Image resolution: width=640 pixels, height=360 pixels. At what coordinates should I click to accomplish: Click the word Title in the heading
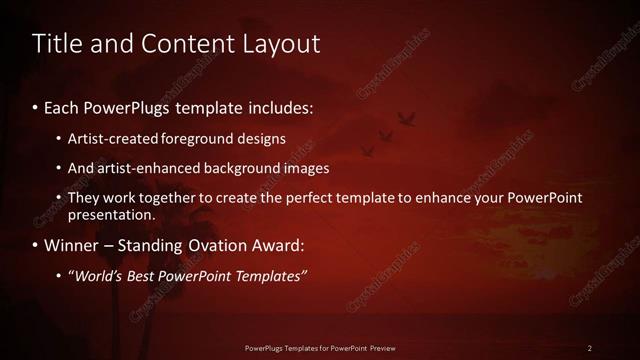[56, 44]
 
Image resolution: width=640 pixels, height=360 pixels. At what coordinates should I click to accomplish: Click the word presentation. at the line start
[111, 215]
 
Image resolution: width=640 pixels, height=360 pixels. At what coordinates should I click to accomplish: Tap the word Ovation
[228, 245]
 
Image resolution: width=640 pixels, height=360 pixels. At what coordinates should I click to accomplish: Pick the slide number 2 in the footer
[589, 348]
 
